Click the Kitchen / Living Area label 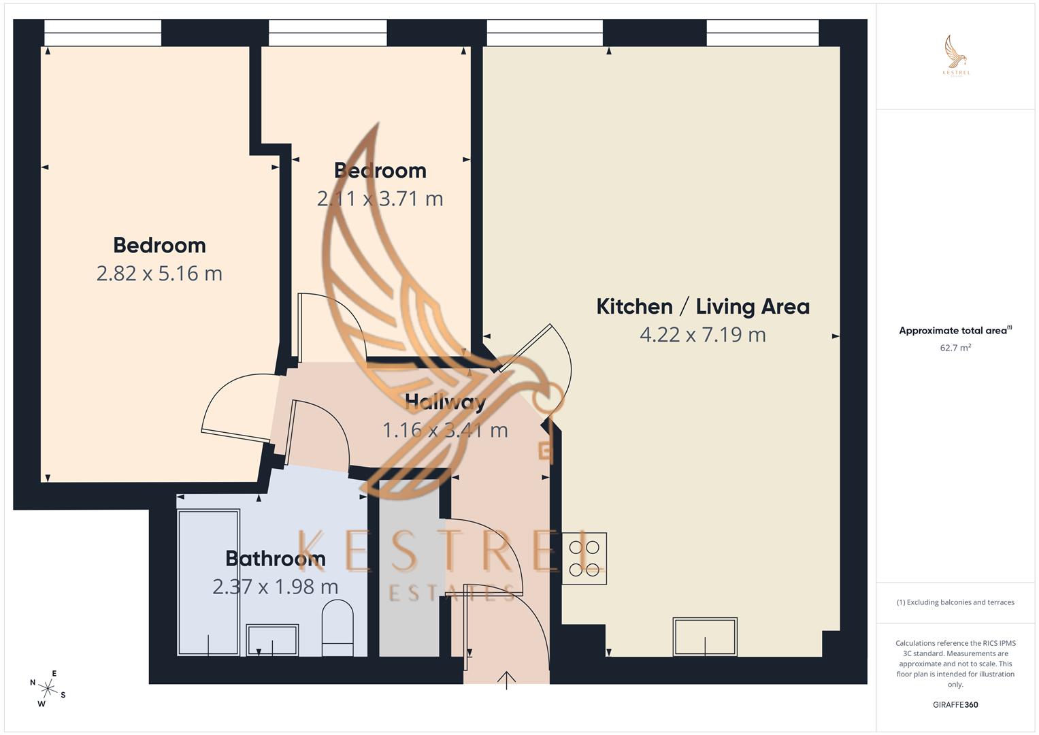click(703, 307)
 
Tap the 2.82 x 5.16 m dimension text click(159, 274)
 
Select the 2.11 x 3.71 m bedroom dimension click(380, 199)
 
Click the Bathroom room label click(275, 558)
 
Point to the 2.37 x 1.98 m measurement click(275, 587)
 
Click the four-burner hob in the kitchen click(584, 558)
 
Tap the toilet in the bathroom click(337, 627)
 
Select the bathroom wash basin click(272, 640)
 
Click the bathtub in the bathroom click(209, 583)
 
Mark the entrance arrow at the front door click(506, 681)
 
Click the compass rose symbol click(48, 689)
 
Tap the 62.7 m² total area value click(955, 348)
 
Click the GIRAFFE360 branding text click(955, 704)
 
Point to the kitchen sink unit click(705, 636)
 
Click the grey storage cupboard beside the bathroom click(409, 568)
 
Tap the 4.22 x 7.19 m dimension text click(703, 335)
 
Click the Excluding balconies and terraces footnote click(955, 602)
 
